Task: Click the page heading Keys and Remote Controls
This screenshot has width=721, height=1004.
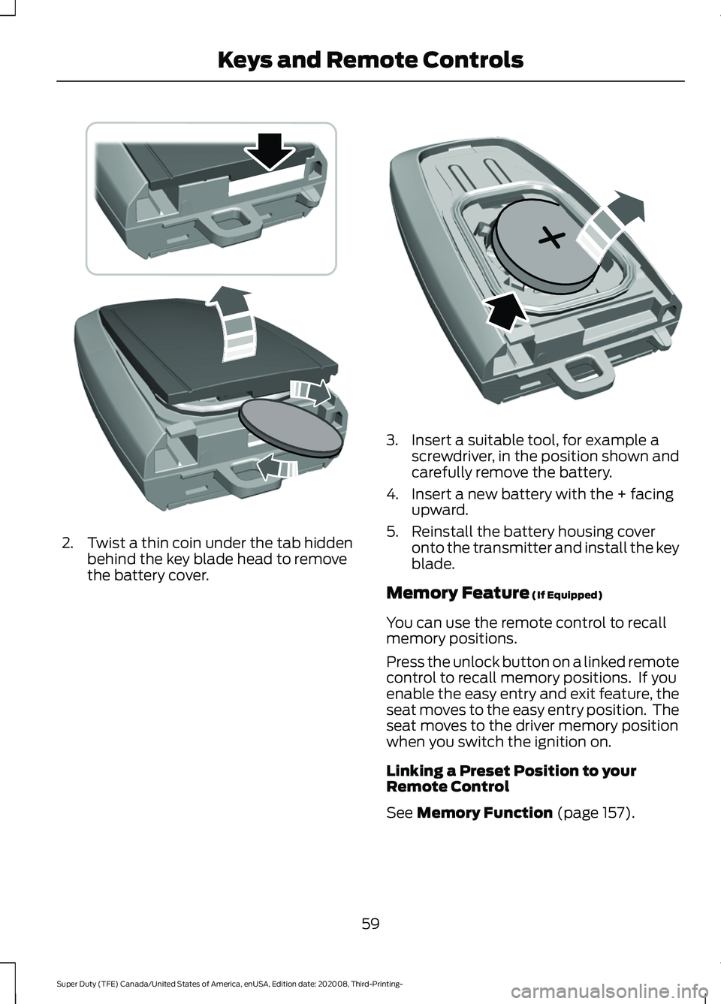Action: [370, 59]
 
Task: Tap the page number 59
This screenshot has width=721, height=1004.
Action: [370, 923]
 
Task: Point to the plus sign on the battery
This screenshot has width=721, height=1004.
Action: [551, 239]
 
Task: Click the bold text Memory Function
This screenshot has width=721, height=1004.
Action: [484, 813]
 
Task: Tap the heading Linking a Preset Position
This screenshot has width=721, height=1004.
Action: [511, 779]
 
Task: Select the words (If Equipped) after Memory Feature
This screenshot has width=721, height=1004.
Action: [566, 595]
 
